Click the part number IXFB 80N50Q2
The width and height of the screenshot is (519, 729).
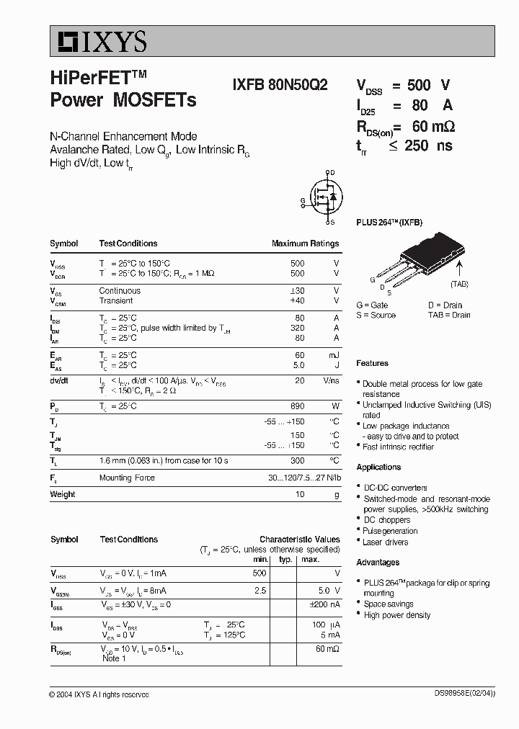[x=280, y=84]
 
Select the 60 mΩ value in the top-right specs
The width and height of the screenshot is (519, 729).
[x=432, y=126]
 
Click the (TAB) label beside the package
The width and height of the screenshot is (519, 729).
[x=459, y=284]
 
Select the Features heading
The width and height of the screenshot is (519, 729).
[x=372, y=363]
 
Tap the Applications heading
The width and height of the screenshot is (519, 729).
[x=378, y=467]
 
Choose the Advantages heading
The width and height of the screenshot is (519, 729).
[x=378, y=562]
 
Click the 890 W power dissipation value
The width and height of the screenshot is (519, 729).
[x=297, y=406]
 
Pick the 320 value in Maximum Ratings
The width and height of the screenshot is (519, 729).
[x=296, y=328]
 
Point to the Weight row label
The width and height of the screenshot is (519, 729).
[x=62, y=494]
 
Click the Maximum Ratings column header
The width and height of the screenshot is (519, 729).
[x=305, y=243]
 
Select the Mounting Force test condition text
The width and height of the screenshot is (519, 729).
[x=127, y=478]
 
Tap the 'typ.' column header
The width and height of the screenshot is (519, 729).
[x=285, y=559]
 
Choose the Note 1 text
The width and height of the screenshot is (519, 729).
[x=114, y=658]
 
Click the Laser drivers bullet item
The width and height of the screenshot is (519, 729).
[x=386, y=542]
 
